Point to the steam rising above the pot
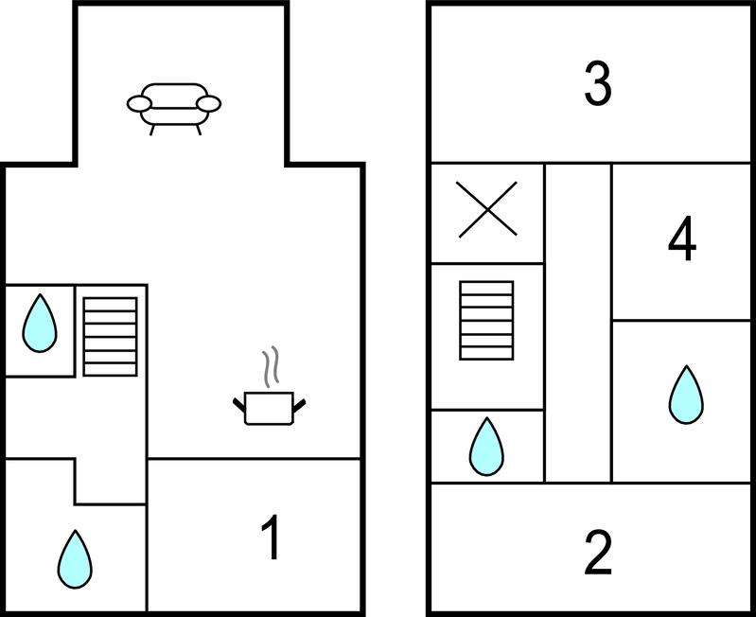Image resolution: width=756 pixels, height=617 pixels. [272, 367]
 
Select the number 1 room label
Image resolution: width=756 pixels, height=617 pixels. [271, 538]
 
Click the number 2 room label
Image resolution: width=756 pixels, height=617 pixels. [597, 553]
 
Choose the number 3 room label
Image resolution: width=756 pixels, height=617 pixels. [597, 84]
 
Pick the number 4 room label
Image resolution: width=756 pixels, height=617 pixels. [682, 240]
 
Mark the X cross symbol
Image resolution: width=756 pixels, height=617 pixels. [487, 209]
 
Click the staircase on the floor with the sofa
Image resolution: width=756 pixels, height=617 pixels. [111, 336]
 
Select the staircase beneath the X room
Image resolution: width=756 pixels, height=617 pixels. [486, 320]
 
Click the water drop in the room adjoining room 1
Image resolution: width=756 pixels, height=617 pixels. [75, 557]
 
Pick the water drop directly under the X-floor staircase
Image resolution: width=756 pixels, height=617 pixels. [486, 446]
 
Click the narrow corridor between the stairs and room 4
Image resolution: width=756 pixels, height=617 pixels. [578, 322]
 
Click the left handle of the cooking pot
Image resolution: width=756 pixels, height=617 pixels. [238, 406]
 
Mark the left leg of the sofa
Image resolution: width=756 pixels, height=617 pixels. [152, 130]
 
